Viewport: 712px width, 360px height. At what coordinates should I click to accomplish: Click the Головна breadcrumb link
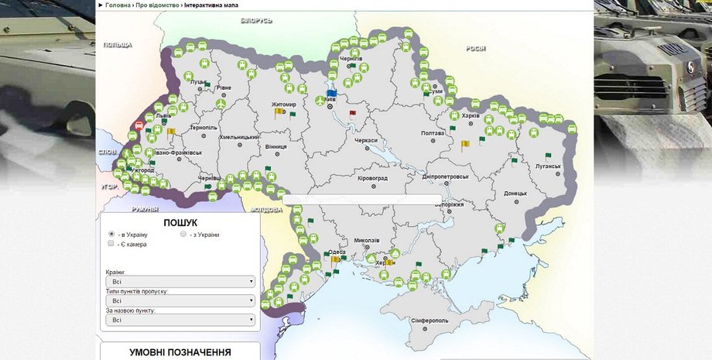tap(118, 5)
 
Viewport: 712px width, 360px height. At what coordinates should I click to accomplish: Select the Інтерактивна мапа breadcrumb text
tap(211, 5)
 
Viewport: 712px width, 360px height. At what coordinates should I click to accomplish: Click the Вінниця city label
tap(276, 146)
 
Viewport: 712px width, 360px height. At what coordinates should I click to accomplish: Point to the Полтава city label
tap(433, 132)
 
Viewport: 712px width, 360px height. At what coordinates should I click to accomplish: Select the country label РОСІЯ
tap(475, 48)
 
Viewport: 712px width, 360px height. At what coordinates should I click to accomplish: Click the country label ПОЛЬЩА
tap(118, 45)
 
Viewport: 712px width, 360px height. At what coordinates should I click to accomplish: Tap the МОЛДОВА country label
tap(266, 210)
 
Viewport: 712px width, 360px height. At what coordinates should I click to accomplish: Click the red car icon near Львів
tap(139, 124)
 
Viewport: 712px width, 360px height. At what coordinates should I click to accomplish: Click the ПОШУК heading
tap(180, 222)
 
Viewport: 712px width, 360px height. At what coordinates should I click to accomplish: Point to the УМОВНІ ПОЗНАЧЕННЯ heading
tap(180, 352)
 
